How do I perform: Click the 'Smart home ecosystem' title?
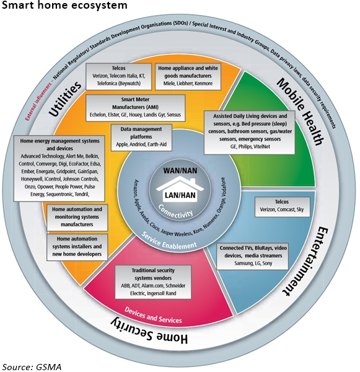(x=64, y=5)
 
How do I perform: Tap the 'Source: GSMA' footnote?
(x=32, y=367)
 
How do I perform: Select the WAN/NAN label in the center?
(x=180, y=170)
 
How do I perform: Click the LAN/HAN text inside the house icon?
(x=180, y=195)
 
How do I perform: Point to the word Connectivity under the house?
(x=175, y=211)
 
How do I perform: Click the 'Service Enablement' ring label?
(x=169, y=241)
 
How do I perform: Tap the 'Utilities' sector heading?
(x=64, y=99)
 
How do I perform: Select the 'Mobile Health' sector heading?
(x=300, y=111)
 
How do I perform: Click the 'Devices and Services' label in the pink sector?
(x=153, y=316)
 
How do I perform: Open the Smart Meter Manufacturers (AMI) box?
(x=135, y=108)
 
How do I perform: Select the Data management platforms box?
(x=141, y=138)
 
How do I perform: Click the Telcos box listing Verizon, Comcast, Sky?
(x=282, y=206)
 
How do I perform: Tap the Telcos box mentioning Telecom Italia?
(x=118, y=76)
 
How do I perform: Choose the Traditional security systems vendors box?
(x=153, y=282)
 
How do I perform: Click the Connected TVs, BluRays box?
(x=253, y=256)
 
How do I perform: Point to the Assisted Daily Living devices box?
(x=250, y=132)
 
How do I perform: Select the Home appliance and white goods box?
(x=188, y=76)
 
